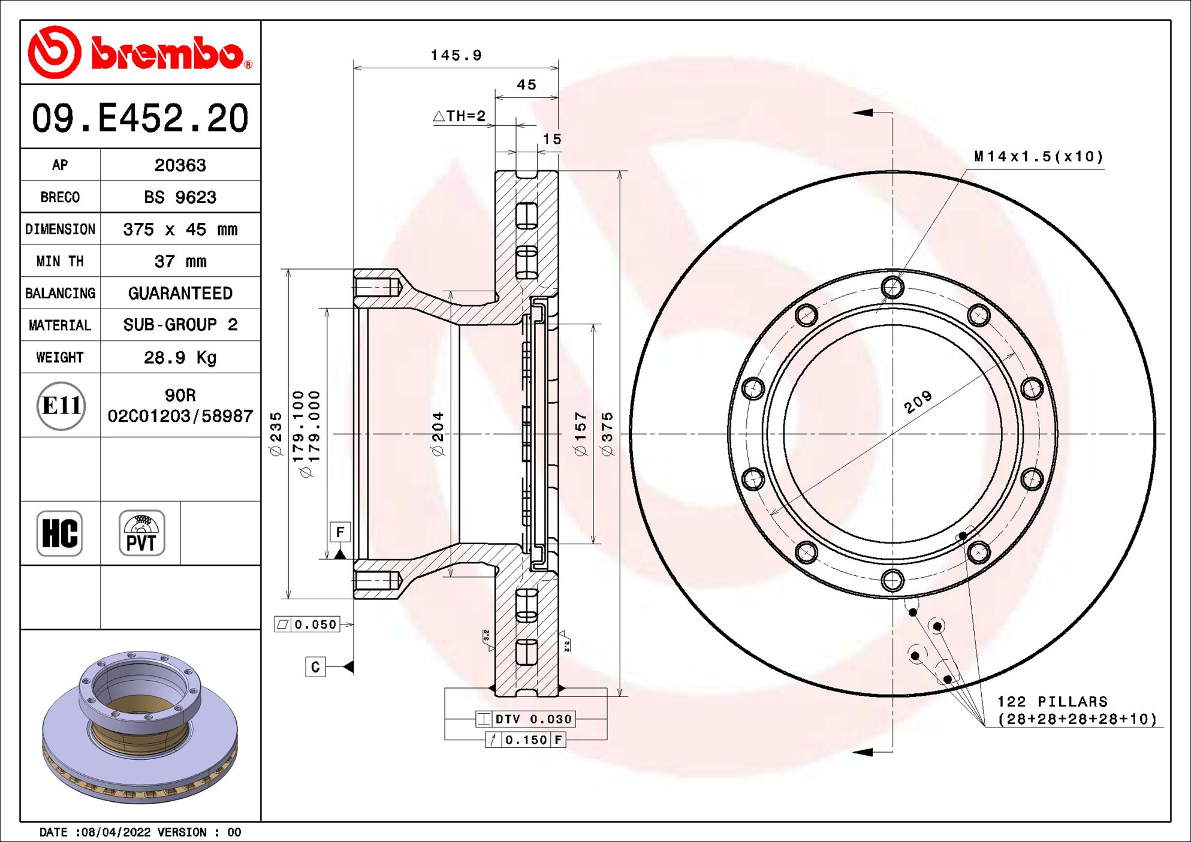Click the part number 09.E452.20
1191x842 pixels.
(140, 118)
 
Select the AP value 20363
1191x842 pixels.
(180, 165)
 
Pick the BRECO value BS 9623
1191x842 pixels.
(180, 197)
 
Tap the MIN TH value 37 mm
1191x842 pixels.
(180, 261)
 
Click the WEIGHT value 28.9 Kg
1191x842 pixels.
(180, 358)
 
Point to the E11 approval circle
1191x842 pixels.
(61, 406)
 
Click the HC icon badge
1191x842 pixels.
(59, 533)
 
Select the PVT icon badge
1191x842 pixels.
(141, 533)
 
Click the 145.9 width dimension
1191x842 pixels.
(456, 56)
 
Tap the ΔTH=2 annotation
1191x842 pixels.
(460, 116)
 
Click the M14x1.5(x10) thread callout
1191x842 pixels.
(1038, 157)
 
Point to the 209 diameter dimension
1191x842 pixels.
(918, 402)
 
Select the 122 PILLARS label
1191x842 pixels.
(1053, 701)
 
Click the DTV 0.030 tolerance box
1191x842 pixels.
(526, 719)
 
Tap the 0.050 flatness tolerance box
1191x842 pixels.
(307, 624)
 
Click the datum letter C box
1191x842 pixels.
(315, 667)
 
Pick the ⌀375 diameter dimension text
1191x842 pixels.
(608, 434)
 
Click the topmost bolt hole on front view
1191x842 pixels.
(893, 287)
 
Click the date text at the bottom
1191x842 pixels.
(140, 832)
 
